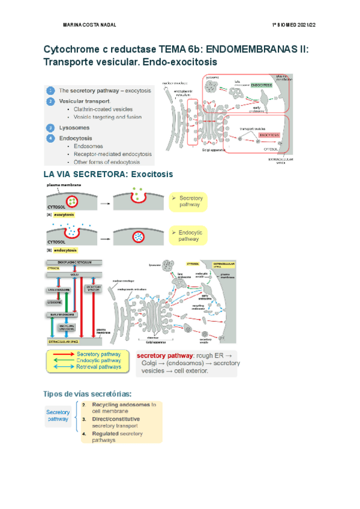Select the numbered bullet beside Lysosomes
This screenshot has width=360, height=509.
(51, 128)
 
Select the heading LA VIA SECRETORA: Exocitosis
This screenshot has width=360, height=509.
(108, 174)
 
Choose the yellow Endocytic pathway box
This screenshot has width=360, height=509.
(188, 235)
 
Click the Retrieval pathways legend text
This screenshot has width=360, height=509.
(98, 366)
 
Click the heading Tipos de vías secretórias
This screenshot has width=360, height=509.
(88, 394)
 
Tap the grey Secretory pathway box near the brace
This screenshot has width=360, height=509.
(58, 416)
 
